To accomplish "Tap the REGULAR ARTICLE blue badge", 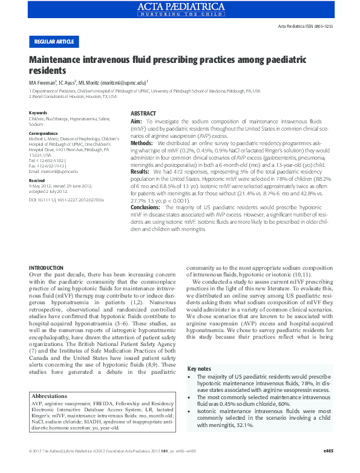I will tap(54, 42).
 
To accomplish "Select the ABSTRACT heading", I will tap(143, 114).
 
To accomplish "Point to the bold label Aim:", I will tap(136, 122).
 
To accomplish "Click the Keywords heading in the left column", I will tap(38, 113).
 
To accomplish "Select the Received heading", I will tap(37, 180).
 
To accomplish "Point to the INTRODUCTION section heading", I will tap(47, 267).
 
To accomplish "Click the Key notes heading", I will tap(200, 368).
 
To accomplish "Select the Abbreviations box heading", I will tap(49, 396).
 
